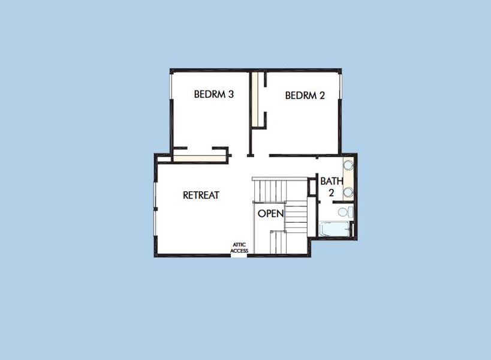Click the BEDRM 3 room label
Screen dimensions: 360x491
point(213,94)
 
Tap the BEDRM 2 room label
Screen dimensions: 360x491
point(305,95)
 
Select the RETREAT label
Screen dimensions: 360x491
point(201,195)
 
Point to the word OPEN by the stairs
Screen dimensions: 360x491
point(270,214)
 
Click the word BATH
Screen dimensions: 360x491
point(331,181)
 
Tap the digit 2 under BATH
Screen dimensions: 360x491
point(331,193)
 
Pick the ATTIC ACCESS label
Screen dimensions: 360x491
point(239,248)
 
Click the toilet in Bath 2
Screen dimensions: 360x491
point(345,211)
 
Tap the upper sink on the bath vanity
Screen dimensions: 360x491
point(348,166)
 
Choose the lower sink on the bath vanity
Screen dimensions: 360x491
point(348,193)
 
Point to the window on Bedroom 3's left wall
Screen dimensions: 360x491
point(172,111)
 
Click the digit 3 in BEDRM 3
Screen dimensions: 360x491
point(230,94)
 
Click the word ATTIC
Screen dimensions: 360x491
point(239,245)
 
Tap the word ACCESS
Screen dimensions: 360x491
point(239,251)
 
